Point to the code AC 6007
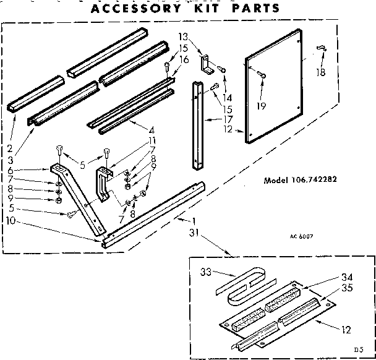[x=301, y=236]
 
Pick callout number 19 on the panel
[x=262, y=106]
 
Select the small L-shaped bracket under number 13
[x=206, y=64]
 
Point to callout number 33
[x=205, y=272]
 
